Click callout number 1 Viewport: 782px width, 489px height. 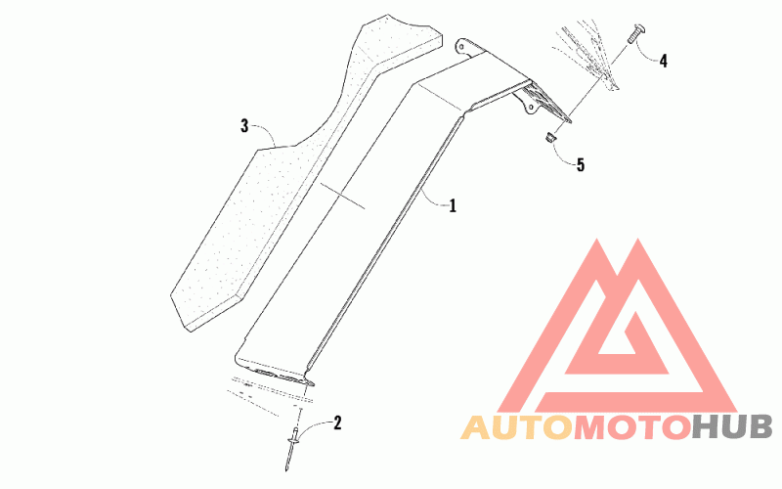pyautogui.click(x=453, y=205)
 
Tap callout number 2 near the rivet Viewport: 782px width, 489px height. pyautogui.click(x=337, y=423)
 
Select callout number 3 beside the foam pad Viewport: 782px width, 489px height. pyautogui.click(x=244, y=126)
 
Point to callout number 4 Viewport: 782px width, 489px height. pyautogui.click(x=664, y=61)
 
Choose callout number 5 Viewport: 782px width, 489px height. pyautogui.click(x=580, y=165)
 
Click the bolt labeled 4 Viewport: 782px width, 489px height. pyautogui.click(x=632, y=35)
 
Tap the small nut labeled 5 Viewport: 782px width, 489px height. pyautogui.click(x=549, y=137)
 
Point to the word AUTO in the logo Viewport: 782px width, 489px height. pyautogui.click(x=517, y=428)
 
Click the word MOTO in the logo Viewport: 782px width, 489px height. pyautogui.click(x=631, y=428)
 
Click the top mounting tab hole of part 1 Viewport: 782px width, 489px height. pyautogui.click(x=462, y=46)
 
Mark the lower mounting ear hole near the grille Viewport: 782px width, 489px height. pyautogui.click(x=532, y=106)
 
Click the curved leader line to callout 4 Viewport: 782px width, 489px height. pyautogui.click(x=648, y=54)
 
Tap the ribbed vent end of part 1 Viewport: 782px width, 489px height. pyautogui.click(x=547, y=103)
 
